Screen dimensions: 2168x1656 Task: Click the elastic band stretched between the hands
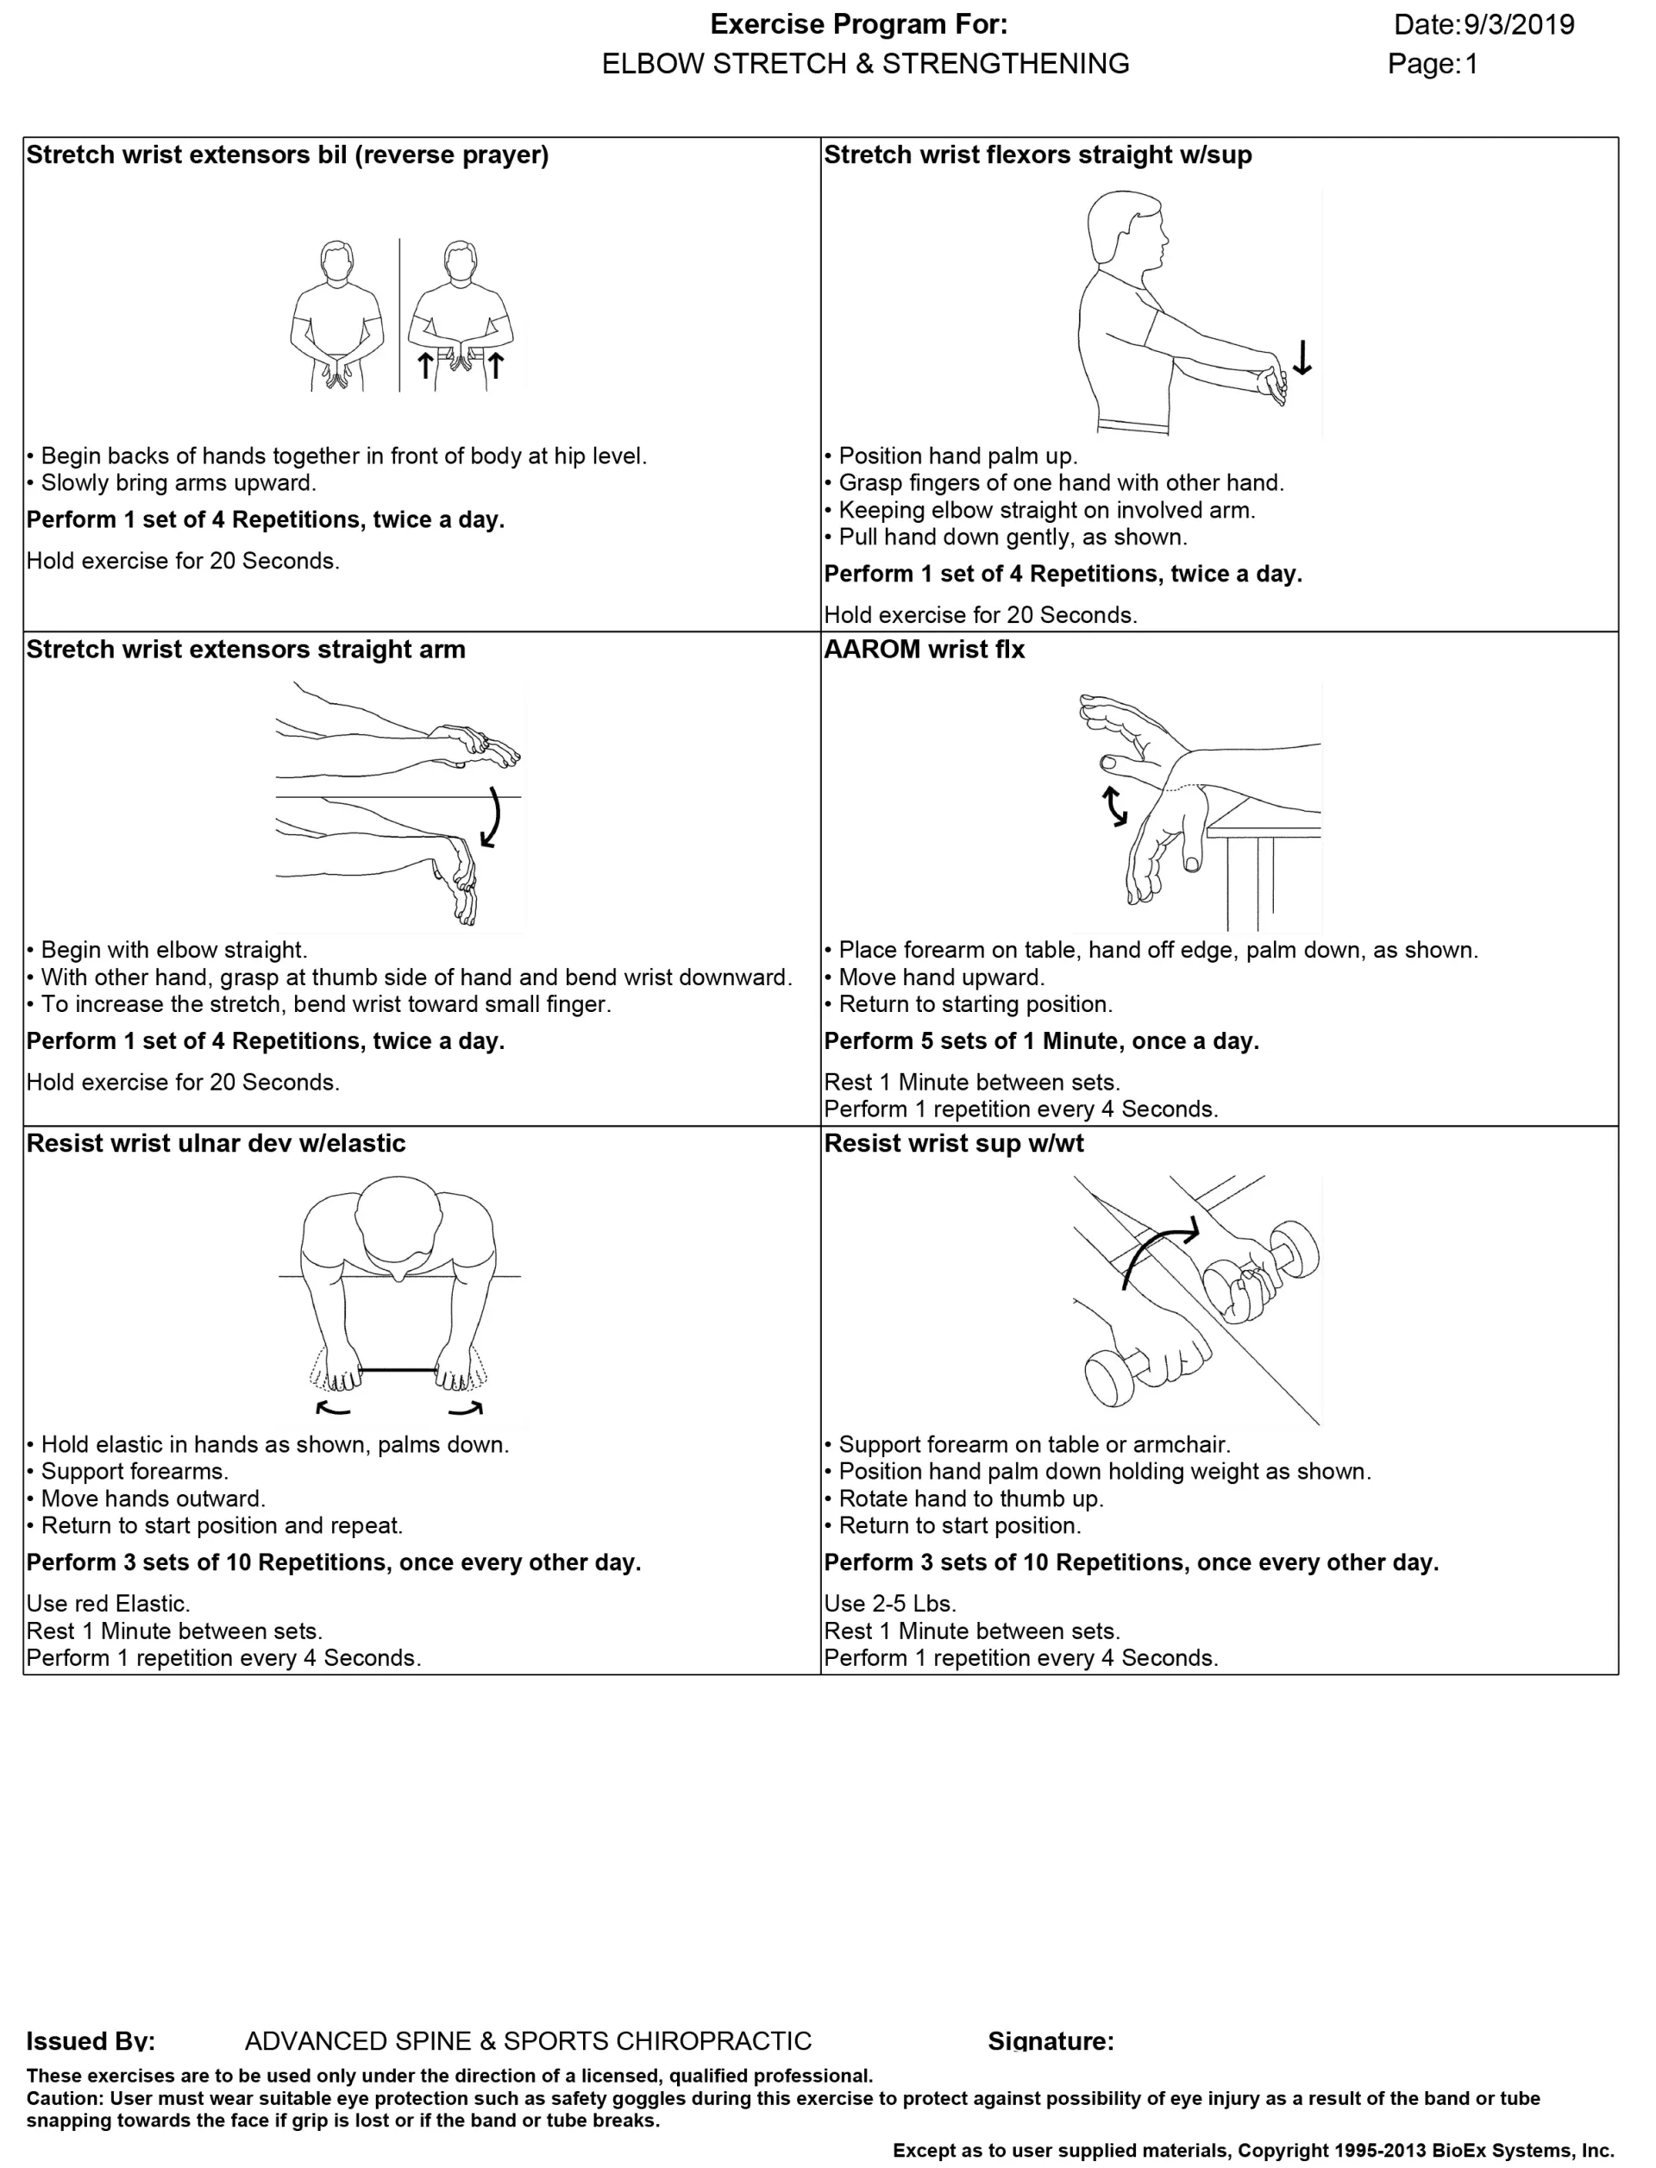click(398, 1369)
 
